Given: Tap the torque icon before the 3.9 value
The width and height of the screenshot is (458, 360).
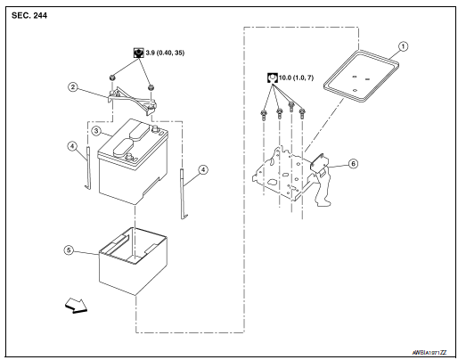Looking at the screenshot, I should tap(138, 53).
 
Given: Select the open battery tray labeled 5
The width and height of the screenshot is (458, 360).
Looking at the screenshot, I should tap(133, 258).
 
